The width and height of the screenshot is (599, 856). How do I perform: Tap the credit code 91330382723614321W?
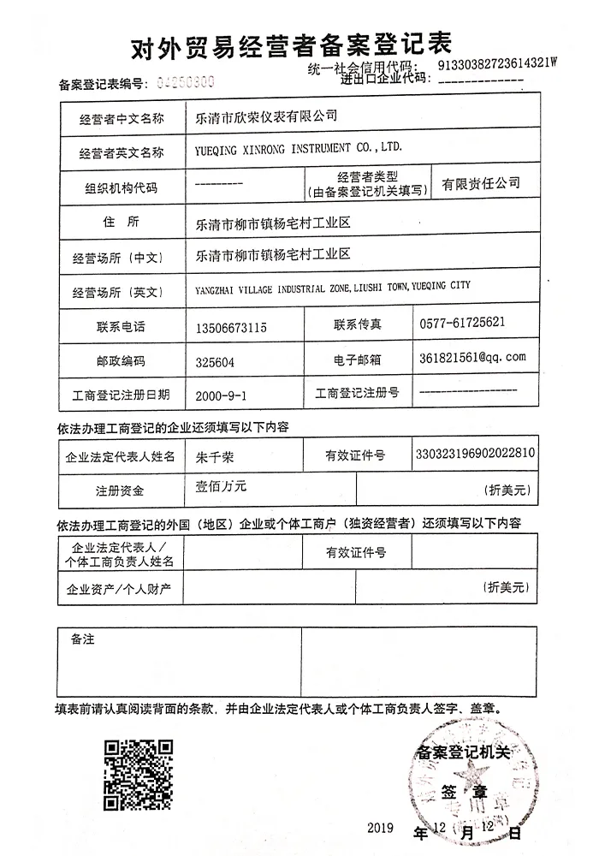496,63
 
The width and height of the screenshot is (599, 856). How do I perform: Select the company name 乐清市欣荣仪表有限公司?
267,115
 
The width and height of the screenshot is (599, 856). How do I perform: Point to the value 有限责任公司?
480,183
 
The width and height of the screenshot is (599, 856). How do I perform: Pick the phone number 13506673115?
232,326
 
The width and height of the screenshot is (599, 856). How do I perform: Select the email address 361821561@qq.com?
472,357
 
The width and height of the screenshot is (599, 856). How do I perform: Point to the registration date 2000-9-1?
222,395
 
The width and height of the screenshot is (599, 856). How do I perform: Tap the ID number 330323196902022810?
475,452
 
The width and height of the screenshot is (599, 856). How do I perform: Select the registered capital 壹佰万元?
221,486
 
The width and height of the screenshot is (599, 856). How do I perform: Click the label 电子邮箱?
356,360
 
